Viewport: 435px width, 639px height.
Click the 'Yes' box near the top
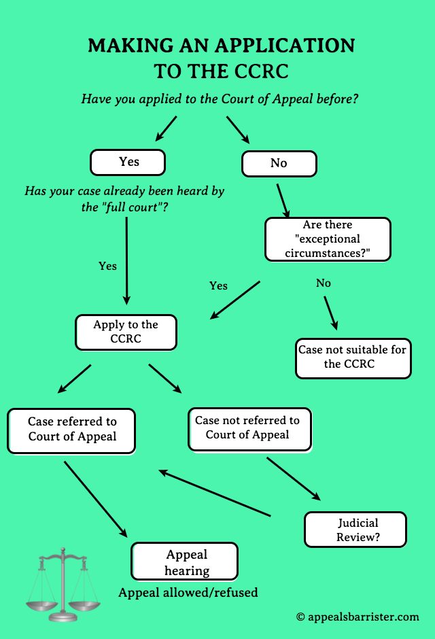click(x=128, y=162)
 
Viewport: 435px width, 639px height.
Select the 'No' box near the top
click(x=279, y=164)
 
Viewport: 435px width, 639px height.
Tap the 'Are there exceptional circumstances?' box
click(x=328, y=239)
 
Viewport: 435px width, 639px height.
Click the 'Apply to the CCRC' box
click(x=126, y=332)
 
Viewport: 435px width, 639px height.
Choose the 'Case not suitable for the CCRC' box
click(x=353, y=358)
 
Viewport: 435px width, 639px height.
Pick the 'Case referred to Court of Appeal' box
click(x=71, y=430)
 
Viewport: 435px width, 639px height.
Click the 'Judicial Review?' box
click(x=355, y=530)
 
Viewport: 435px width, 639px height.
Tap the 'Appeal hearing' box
click(x=185, y=563)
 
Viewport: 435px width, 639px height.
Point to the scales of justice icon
click(x=61, y=584)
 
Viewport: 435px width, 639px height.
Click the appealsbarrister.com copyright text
click(x=358, y=617)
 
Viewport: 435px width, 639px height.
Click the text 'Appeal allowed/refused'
click(x=188, y=593)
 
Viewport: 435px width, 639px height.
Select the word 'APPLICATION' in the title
click(x=285, y=46)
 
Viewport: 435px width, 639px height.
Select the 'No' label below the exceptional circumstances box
click(x=324, y=283)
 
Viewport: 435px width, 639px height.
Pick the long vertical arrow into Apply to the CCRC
click(x=126, y=262)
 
